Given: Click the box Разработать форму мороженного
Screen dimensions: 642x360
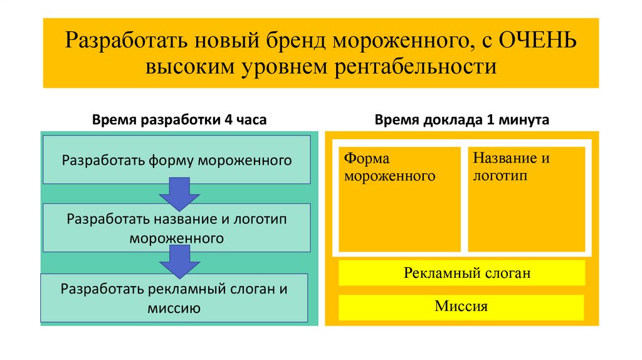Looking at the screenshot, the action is point(177,160).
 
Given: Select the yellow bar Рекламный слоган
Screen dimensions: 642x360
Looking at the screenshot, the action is point(461,273).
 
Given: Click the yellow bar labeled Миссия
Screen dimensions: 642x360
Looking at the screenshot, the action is point(461,307).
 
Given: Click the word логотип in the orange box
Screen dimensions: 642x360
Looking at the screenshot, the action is point(501,176).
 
